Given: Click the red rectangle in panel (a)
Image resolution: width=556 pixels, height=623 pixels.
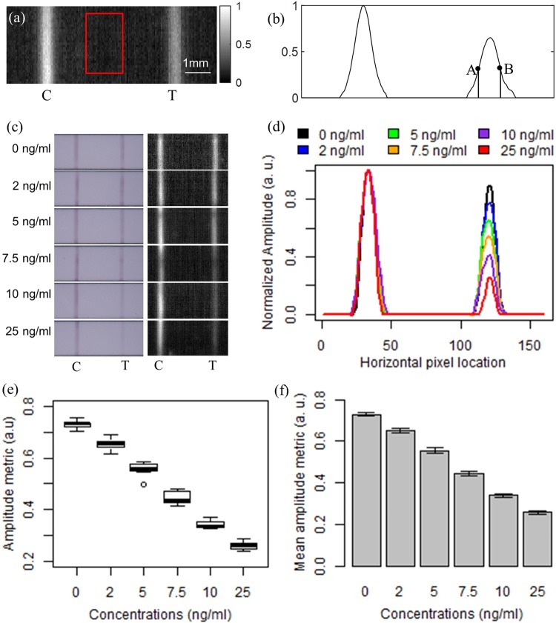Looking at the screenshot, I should point(105,43).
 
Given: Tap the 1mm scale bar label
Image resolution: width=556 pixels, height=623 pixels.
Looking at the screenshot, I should point(196,64).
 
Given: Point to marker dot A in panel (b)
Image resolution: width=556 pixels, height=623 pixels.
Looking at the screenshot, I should point(477,69).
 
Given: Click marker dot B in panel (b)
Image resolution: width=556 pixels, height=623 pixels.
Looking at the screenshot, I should point(500,67).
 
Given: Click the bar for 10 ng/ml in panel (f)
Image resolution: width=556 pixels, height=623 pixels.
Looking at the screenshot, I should point(500,530).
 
